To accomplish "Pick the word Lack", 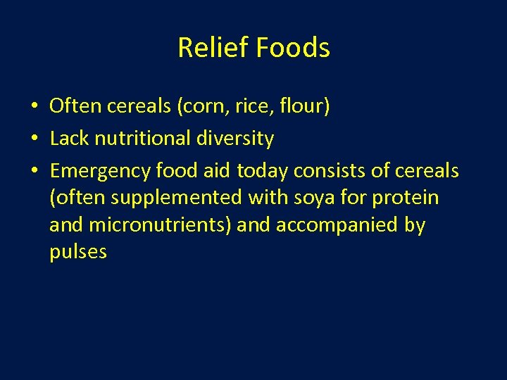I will [x=68, y=139].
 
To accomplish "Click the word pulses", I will [x=78, y=252].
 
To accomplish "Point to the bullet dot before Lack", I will [x=34, y=139].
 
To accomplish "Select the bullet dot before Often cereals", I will [x=34, y=107].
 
